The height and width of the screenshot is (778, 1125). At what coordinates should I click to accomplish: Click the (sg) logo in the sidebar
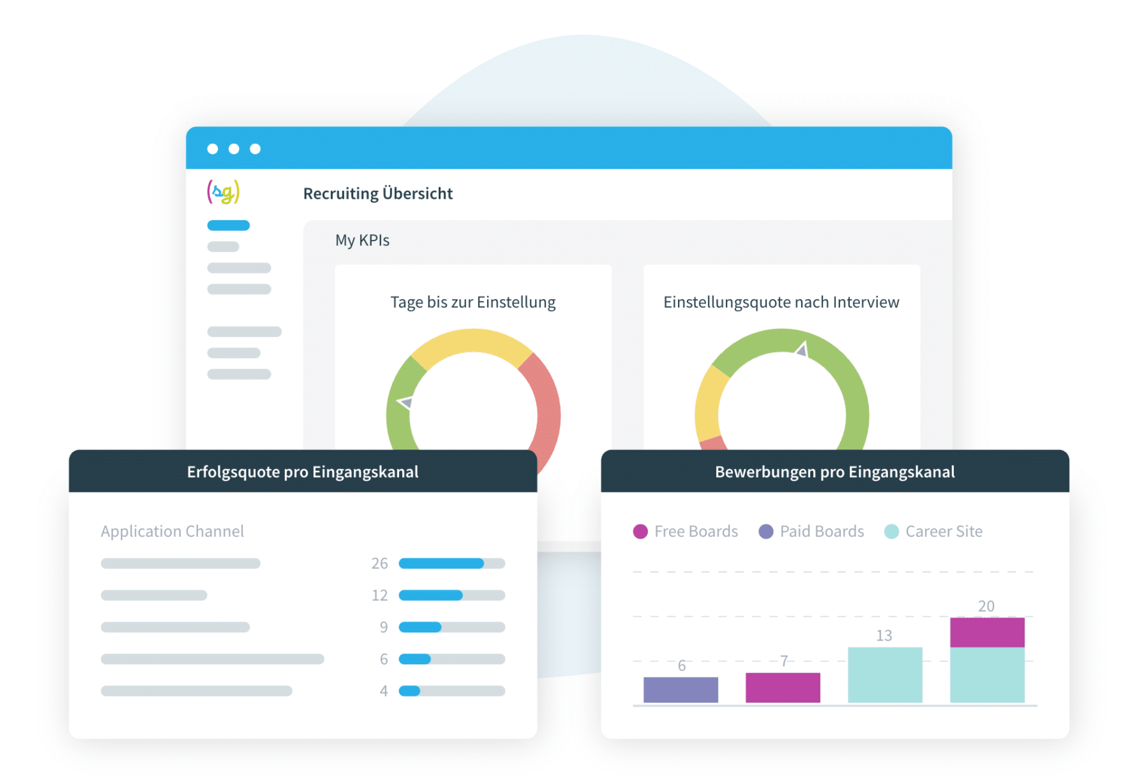tap(223, 192)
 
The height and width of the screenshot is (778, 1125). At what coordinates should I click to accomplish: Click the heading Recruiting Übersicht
tap(378, 194)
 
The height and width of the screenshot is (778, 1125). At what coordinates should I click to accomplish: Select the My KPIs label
tap(362, 241)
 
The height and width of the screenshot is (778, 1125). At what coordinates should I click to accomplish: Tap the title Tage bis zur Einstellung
tap(473, 302)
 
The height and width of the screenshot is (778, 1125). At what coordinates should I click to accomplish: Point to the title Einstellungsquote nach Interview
tap(781, 302)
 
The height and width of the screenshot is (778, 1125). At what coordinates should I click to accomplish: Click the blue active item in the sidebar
tap(228, 226)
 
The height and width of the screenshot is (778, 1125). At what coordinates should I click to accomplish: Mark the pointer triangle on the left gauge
tap(406, 403)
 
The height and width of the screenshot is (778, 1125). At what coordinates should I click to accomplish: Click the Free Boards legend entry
tap(686, 531)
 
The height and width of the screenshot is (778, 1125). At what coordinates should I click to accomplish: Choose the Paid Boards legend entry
tap(811, 531)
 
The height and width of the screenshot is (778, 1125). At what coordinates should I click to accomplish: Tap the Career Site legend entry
tap(934, 531)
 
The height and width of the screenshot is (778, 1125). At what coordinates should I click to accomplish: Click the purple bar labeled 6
tap(680, 689)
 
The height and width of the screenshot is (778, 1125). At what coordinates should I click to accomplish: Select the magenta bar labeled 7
tap(783, 688)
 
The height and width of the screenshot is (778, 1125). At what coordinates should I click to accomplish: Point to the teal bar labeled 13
tap(885, 674)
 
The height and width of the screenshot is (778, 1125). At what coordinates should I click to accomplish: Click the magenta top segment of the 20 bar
tap(987, 632)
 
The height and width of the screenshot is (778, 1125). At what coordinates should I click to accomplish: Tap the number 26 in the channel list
tap(379, 563)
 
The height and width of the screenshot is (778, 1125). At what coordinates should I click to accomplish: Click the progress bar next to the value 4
tap(452, 691)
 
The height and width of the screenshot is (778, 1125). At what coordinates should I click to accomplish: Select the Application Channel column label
tap(172, 531)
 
